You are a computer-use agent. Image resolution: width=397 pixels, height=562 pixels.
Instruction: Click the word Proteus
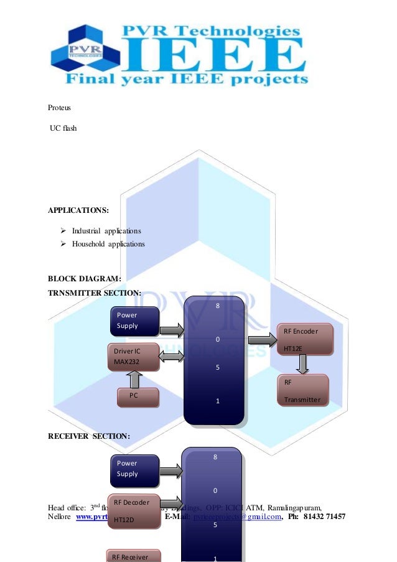coord(60,108)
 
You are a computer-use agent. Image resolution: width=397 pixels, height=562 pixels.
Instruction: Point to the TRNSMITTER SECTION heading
coord(95,293)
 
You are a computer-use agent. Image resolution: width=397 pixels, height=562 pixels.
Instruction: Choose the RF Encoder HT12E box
coord(305,339)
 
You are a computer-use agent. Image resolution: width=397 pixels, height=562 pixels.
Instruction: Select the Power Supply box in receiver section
coord(134,468)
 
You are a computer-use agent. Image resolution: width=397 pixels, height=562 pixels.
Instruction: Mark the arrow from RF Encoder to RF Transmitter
coord(303,364)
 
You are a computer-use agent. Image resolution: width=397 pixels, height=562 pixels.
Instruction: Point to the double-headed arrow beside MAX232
coord(172,357)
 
